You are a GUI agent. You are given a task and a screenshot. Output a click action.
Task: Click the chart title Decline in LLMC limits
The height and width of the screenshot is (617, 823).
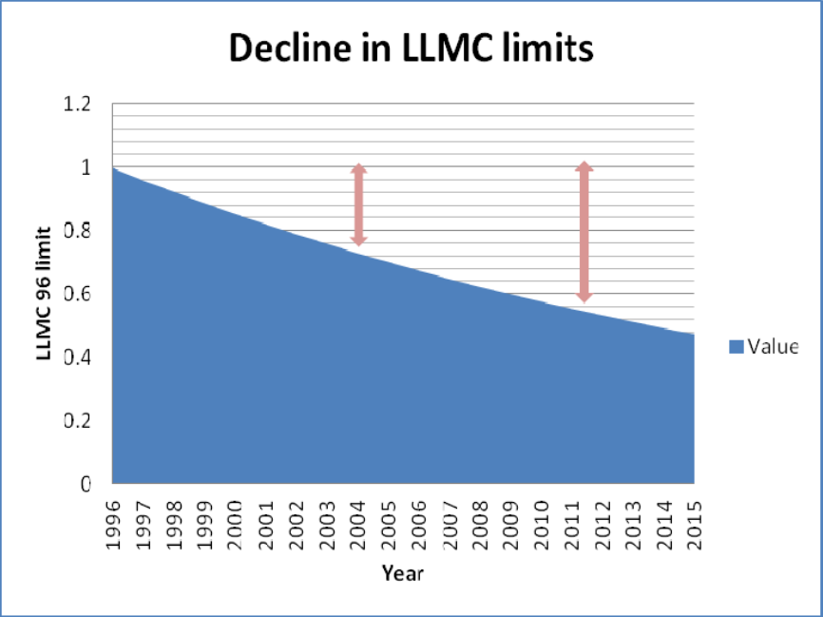click(411, 48)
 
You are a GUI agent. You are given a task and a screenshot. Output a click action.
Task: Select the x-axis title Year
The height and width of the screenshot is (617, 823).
click(403, 573)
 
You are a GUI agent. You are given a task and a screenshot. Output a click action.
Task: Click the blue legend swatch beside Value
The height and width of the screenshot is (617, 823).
click(736, 347)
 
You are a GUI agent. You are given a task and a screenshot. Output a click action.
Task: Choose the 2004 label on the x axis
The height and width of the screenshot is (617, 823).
click(358, 522)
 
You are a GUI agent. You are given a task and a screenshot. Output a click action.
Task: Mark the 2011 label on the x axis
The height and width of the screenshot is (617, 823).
click(572, 522)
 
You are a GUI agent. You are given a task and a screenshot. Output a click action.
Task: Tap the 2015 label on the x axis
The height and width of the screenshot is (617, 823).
click(694, 522)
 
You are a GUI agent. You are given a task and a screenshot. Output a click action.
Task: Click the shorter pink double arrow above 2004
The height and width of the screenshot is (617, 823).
click(359, 205)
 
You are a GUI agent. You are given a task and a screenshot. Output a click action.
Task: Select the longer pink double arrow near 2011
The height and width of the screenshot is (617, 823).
click(584, 233)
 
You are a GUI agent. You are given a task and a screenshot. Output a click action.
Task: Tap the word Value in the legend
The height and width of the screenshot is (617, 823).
click(772, 347)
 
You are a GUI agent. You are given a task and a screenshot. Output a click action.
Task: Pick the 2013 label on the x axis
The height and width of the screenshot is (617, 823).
click(633, 522)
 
